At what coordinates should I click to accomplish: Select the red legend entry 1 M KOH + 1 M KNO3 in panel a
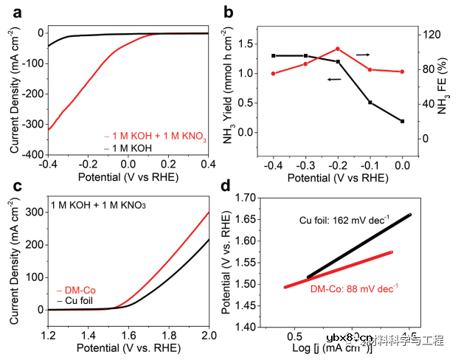(x=155, y=136)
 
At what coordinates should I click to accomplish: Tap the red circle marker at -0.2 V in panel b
(x=338, y=49)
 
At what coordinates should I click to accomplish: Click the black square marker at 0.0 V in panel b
(x=403, y=121)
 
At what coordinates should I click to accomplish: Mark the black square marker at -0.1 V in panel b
(x=370, y=103)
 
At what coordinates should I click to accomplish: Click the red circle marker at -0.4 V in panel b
(x=273, y=73)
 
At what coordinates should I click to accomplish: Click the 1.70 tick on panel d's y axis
(x=260, y=198)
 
